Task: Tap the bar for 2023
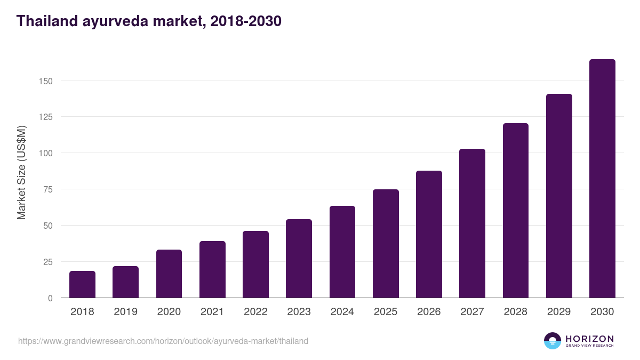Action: point(299,259)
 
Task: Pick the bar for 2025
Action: point(386,244)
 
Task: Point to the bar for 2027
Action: point(472,223)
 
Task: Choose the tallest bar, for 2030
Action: point(602,179)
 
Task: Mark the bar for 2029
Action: point(559,196)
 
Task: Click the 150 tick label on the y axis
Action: point(45,81)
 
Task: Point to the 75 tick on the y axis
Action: point(47,189)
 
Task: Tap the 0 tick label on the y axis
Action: point(50,298)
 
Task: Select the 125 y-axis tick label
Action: point(45,117)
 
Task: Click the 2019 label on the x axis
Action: point(125,312)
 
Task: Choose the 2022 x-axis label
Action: point(255,312)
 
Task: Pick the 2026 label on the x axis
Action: point(429,312)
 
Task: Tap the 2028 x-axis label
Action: point(516,312)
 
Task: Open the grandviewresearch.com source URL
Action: point(163,341)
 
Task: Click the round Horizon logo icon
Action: point(553,341)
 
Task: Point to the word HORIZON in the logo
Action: point(589,338)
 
